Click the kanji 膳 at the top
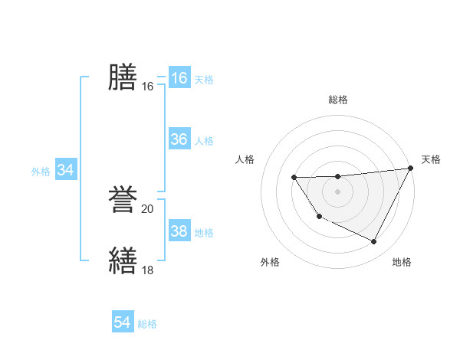tap(123, 77)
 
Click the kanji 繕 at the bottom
tap(123, 260)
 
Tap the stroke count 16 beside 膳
tap(148, 87)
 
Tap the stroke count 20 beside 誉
tap(148, 208)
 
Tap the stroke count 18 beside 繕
tap(148, 270)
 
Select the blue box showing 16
tap(179, 78)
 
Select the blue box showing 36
tap(179, 139)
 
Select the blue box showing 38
tap(179, 231)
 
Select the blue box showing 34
tap(65, 170)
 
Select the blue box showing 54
tap(123, 323)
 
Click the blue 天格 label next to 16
tap(204, 79)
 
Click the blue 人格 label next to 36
tap(204, 140)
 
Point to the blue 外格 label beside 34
tap(41, 172)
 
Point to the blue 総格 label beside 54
tap(147, 324)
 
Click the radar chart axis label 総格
tap(338, 100)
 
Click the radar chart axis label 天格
tap(431, 159)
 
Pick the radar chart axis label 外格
tap(270, 262)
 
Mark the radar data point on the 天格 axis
tap(411, 168)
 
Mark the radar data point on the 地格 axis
tap(374, 242)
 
